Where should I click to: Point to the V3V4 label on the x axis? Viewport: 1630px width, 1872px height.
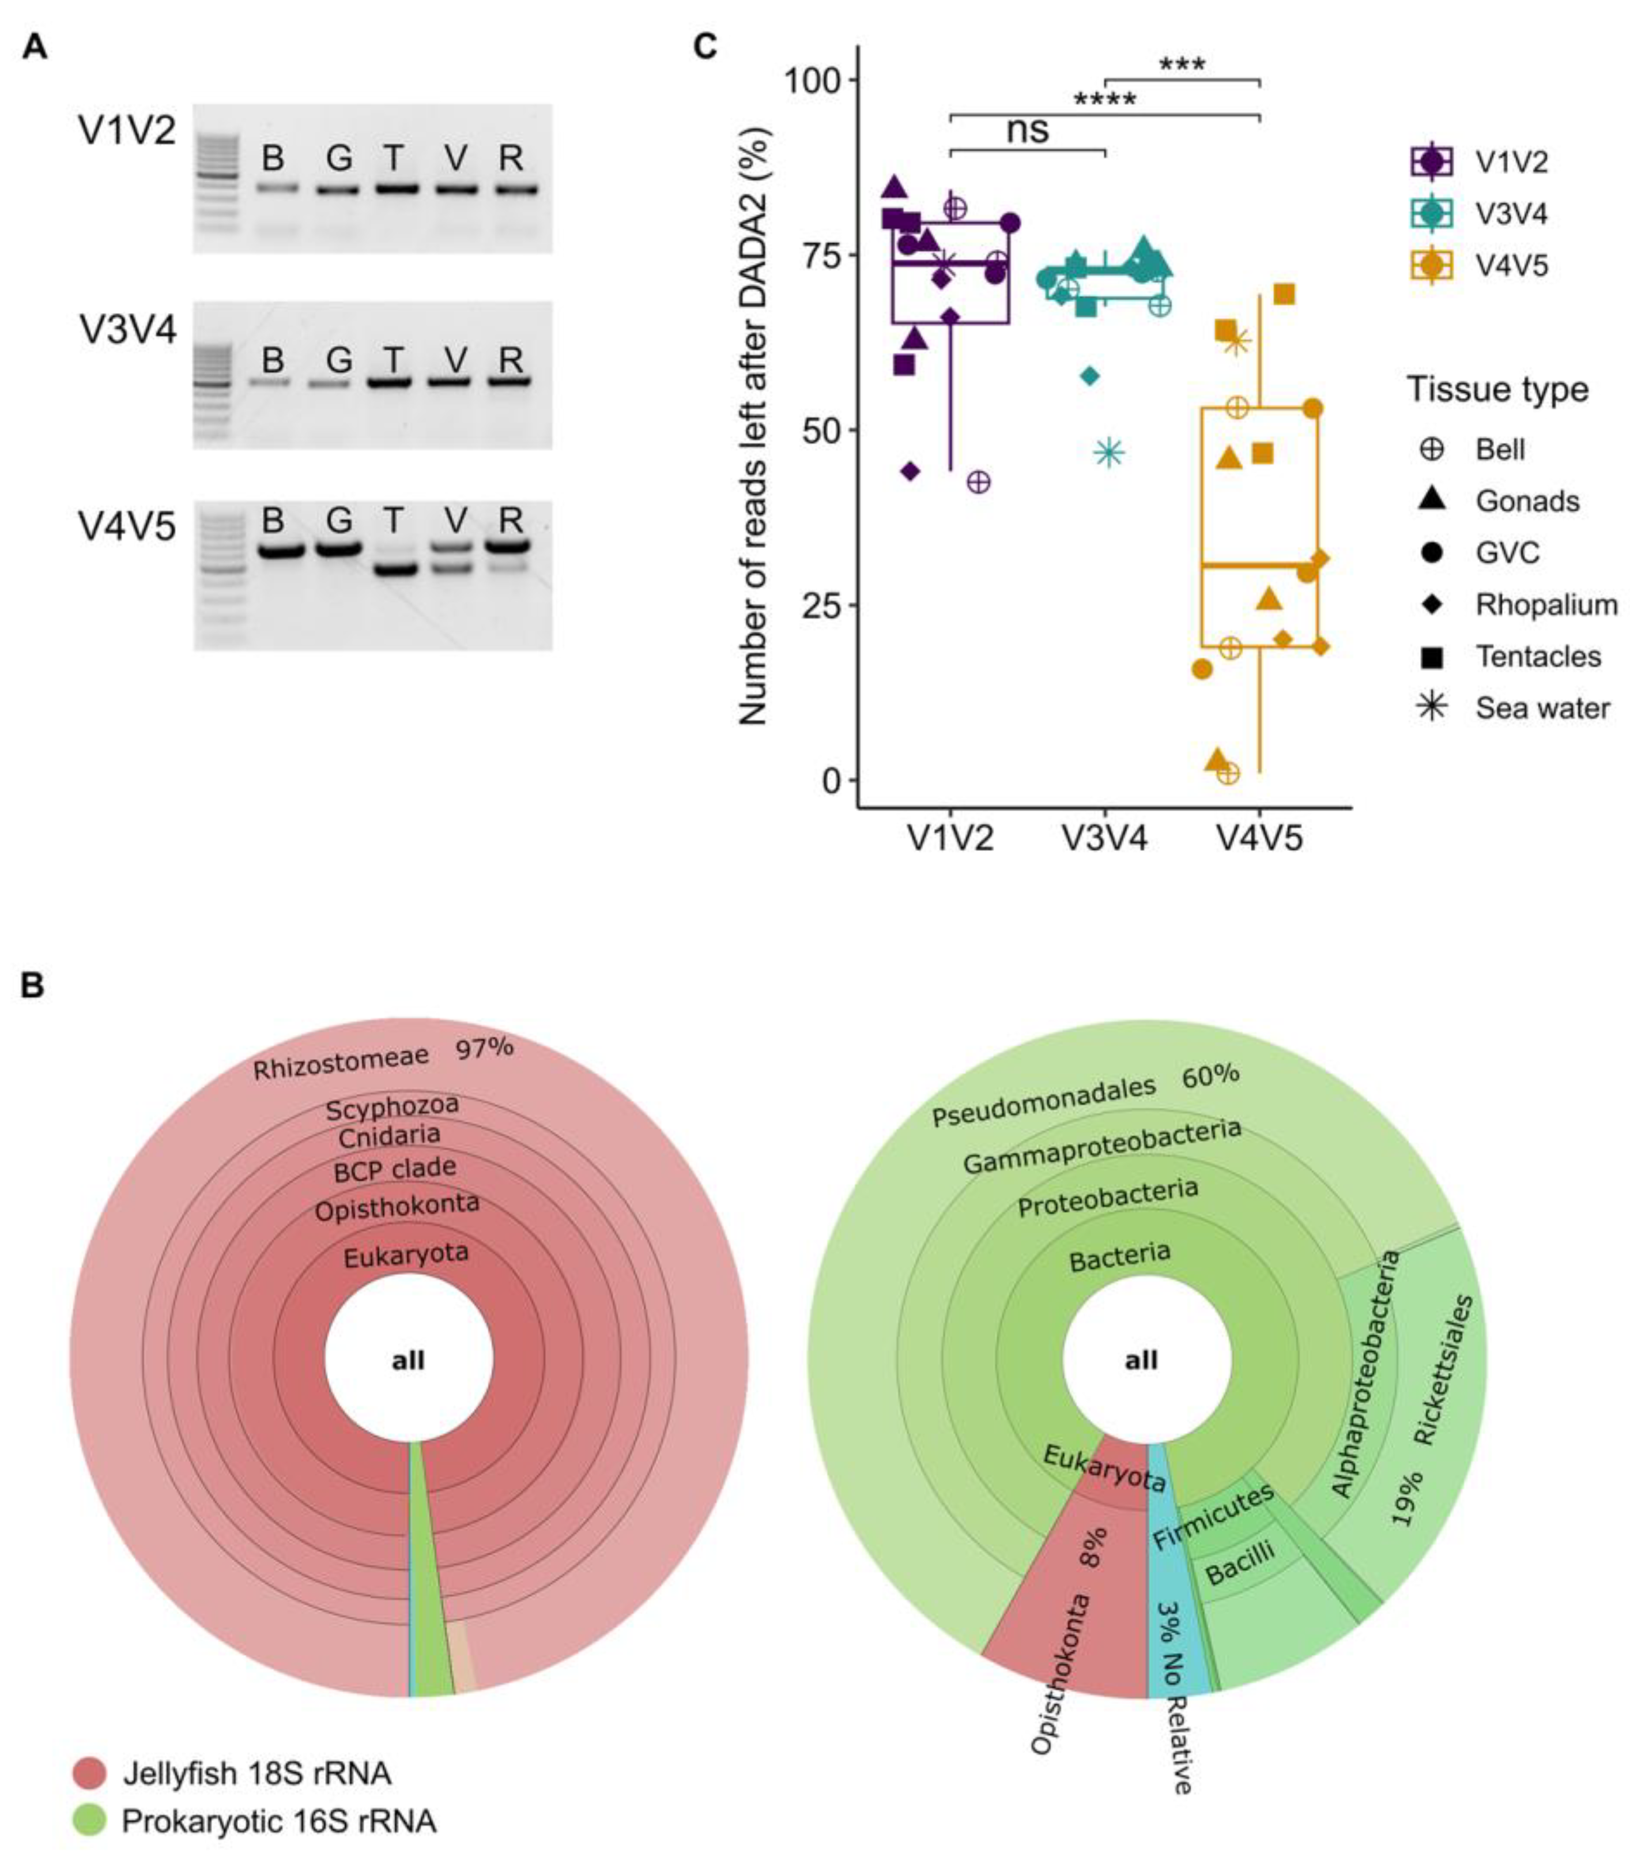1104,837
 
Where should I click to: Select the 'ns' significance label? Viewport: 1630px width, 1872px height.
1027,130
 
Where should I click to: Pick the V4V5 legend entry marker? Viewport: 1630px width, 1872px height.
1433,266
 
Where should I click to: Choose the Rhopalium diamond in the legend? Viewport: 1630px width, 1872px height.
1433,604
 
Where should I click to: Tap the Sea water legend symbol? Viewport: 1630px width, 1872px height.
1433,707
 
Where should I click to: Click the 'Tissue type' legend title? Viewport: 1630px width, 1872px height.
1497,389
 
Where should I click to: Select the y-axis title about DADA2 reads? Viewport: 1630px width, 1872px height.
754,425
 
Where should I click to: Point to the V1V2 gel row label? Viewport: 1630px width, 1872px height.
126,132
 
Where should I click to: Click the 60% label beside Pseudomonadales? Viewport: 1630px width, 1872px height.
1210,1076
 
